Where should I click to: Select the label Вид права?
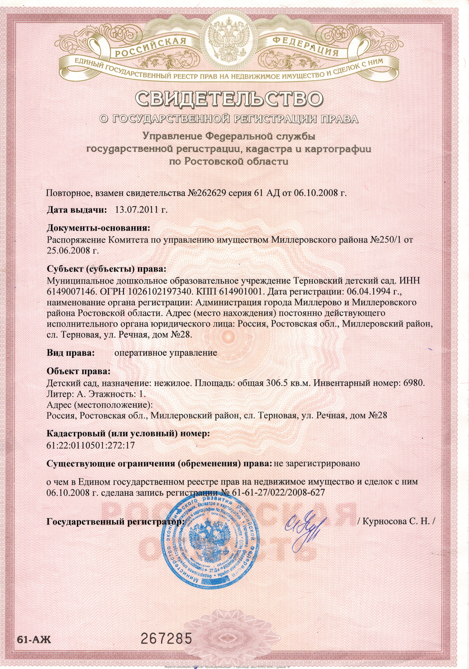pos(71,353)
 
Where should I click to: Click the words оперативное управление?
pos(166,353)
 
